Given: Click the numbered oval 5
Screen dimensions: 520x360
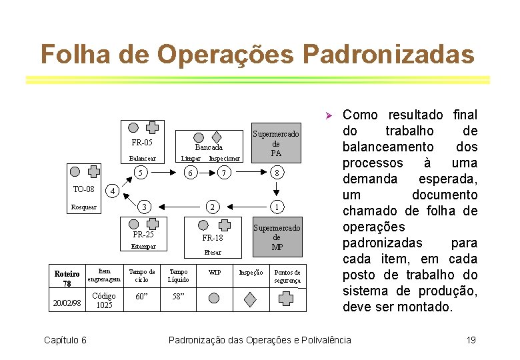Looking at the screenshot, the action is pyautogui.click(x=141, y=173).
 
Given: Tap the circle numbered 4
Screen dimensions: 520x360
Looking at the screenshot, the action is pyautogui.click(x=114, y=191).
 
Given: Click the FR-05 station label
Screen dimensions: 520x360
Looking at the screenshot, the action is pyautogui.click(x=142, y=143).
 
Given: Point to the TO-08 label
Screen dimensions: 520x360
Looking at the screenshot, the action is pyautogui.click(x=83, y=189).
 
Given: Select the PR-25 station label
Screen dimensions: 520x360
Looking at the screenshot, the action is pyautogui.click(x=143, y=235).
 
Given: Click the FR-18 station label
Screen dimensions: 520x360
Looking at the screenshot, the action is pyautogui.click(x=213, y=238).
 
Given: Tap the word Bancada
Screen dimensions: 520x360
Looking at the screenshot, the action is pyautogui.click(x=209, y=147).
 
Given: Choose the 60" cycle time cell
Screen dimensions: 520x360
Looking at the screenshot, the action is pyautogui.click(x=141, y=297).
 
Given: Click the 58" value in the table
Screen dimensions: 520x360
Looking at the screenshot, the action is pyautogui.click(x=179, y=297).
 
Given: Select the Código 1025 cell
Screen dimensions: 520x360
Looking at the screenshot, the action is pyautogui.click(x=104, y=301).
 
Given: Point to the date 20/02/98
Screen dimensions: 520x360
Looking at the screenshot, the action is pyautogui.click(x=67, y=303).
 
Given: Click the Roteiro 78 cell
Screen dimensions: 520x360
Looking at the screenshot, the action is pyautogui.click(x=67, y=279).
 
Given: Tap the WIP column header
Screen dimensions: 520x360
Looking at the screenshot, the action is pyautogui.click(x=215, y=272).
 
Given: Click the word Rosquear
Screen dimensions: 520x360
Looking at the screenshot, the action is pyautogui.click(x=84, y=207).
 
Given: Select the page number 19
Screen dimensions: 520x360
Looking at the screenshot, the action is pyautogui.click(x=471, y=340).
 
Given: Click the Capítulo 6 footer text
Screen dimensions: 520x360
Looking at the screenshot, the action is pyautogui.click(x=65, y=340).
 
